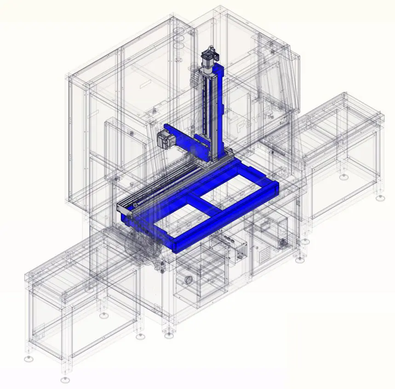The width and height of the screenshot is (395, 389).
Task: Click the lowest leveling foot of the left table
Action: tap(65, 380)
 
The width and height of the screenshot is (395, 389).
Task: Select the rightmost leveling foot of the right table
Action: tap(380, 198)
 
